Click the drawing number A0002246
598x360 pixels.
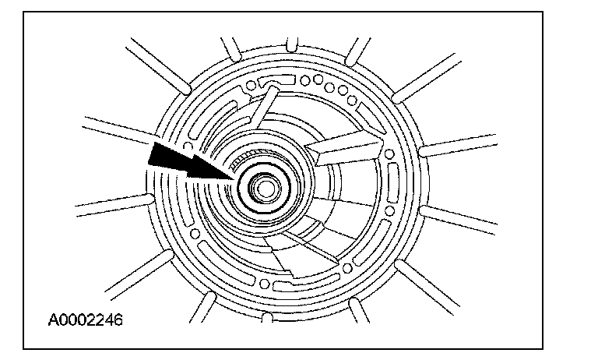86,319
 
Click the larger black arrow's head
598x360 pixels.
164,154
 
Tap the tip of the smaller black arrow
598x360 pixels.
234,178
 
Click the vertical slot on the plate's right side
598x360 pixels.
392,183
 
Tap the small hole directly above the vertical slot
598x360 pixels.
389,154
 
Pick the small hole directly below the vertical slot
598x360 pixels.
389,210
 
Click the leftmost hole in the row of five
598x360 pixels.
304,80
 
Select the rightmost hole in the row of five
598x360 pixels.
352,101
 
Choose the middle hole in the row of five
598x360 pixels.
329,87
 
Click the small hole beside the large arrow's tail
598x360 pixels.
188,146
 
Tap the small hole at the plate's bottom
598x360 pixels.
264,284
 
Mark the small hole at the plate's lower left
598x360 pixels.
195,233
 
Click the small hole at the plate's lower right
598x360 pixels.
347,268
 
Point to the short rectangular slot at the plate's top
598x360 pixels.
276,81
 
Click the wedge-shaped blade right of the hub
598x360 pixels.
344,148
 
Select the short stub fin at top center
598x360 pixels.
292,44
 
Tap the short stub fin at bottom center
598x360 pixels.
267,318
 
